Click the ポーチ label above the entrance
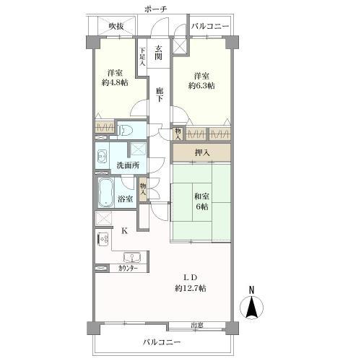click(156, 9)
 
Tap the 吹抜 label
click(116, 26)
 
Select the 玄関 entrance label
click(158, 53)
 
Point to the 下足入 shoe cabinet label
click(142, 57)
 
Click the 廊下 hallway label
click(159, 95)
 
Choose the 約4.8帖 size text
click(115, 83)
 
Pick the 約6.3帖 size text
click(201, 86)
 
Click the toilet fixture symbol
click(126, 131)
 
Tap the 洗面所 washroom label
click(128, 165)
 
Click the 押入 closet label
click(202, 152)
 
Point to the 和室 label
click(201, 196)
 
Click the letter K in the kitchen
click(124, 231)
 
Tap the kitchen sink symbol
click(132, 257)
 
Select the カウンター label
click(128, 269)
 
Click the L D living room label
click(191, 277)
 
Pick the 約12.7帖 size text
click(191, 288)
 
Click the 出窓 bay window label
click(197, 326)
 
